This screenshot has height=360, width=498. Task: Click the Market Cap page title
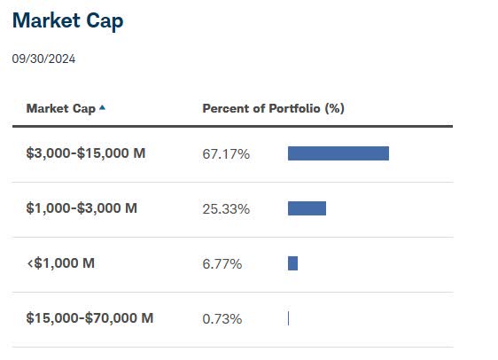[68, 20]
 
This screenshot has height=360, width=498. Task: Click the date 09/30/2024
[44, 59]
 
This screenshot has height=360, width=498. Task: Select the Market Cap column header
[60, 108]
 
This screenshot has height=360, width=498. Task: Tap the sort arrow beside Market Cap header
[103, 107]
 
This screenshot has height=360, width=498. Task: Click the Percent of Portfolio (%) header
[273, 108]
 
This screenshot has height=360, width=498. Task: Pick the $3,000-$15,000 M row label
[86, 153]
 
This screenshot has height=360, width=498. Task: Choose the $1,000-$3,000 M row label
[82, 208]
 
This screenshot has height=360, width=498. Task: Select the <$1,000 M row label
[60, 263]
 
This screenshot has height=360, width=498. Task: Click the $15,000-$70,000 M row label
[89, 317]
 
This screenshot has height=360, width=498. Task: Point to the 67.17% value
[226, 154]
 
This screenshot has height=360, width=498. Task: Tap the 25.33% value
[226, 209]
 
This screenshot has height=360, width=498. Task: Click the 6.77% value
[222, 264]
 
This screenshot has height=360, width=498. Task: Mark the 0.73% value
[222, 318]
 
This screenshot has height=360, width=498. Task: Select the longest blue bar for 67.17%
[338, 153]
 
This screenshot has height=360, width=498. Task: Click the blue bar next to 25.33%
[307, 208]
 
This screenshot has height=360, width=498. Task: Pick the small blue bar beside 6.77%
[292, 263]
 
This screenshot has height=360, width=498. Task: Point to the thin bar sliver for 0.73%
[288, 317]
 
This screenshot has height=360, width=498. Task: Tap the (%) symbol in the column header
[334, 108]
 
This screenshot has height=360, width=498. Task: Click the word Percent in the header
[226, 108]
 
